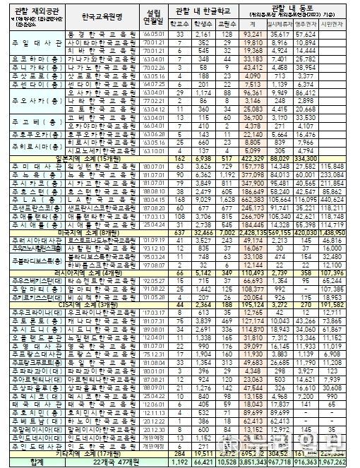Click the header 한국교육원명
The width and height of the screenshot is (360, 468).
click(101, 16)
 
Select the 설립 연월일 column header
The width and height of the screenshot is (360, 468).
click(150, 16)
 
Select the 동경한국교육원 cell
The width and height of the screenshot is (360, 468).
click(101, 34)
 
